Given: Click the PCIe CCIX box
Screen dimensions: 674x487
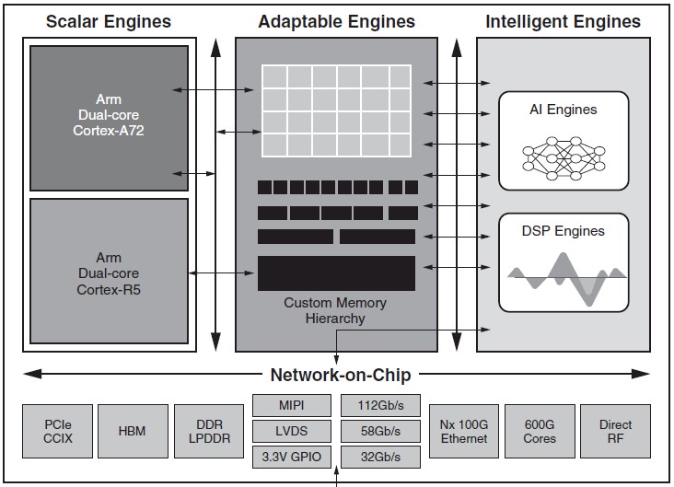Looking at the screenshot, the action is pyautogui.click(x=58, y=431).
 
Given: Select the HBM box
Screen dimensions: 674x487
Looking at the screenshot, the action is pyautogui.click(x=133, y=431).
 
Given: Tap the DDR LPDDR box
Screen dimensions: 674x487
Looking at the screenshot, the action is pyautogui.click(x=209, y=431).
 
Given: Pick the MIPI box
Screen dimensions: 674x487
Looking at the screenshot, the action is pyautogui.click(x=292, y=405).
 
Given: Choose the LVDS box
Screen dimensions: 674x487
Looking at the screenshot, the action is pyautogui.click(x=292, y=431).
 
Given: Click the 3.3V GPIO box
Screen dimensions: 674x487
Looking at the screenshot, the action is pyautogui.click(x=292, y=457).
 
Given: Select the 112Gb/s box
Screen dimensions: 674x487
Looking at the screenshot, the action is pyautogui.click(x=380, y=405).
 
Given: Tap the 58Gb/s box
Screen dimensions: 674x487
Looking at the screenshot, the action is pyautogui.click(x=380, y=431).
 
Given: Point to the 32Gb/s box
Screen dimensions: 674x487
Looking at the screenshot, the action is pyautogui.click(x=380, y=457).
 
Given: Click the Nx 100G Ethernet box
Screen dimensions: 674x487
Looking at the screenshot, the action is pyautogui.click(x=464, y=431).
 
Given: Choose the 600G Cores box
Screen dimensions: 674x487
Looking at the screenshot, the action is pyautogui.click(x=540, y=431).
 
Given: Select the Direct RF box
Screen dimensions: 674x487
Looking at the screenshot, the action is pyautogui.click(x=615, y=431).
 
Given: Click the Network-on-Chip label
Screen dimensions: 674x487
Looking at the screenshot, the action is pyautogui.click(x=341, y=375).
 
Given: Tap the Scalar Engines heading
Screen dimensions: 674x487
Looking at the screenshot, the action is pyautogui.click(x=109, y=21).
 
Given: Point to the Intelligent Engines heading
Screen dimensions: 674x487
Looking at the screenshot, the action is pyautogui.click(x=564, y=21).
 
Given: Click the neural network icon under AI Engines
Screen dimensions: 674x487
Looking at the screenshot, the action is pyautogui.click(x=564, y=158).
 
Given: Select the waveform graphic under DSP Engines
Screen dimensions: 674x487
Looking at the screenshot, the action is pyautogui.click(x=567, y=279).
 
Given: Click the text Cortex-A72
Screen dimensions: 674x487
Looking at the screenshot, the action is pyautogui.click(x=109, y=130).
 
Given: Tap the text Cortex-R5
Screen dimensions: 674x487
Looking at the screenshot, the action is pyautogui.click(x=109, y=290).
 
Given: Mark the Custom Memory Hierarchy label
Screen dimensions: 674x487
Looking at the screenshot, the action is pyautogui.click(x=335, y=310).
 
